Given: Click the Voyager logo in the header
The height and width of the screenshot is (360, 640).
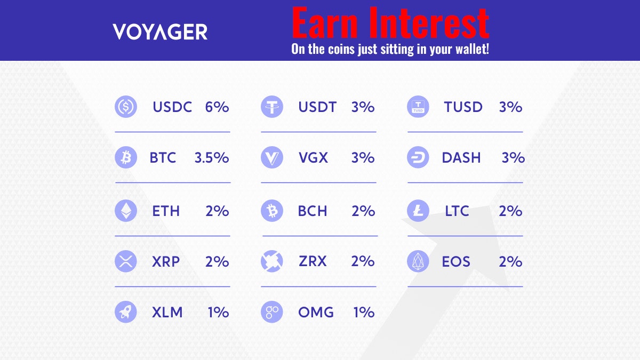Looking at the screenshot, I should [x=160, y=32].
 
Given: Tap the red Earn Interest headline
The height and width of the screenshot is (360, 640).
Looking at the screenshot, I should [x=390, y=23].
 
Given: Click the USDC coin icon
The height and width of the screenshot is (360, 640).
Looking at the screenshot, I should [x=126, y=107].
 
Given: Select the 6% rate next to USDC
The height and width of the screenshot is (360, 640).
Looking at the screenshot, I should [x=217, y=107].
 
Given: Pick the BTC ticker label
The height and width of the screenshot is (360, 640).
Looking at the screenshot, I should [x=163, y=158].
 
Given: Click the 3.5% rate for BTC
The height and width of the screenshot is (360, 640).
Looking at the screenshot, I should [x=212, y=158].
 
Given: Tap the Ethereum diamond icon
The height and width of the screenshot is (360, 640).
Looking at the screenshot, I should [x=126, y=211].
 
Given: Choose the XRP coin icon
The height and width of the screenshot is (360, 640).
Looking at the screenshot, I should [x=126, y=262].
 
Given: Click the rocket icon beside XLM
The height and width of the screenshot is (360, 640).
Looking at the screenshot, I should [x=126, y=312].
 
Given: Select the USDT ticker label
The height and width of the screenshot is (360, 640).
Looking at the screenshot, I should [x=317, y=107].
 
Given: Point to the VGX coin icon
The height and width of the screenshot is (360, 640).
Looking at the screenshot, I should [x=272, y=158].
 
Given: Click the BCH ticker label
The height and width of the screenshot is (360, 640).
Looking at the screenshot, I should [x=313, y=211].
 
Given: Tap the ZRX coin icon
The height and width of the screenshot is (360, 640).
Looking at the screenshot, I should [x=272, y=262].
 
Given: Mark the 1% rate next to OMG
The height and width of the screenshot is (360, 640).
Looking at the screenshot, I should [x=364, y=312].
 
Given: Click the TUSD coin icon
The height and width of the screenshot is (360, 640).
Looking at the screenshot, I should [x=418, y=107].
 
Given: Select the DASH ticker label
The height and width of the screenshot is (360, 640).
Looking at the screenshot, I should [x=461, y=158].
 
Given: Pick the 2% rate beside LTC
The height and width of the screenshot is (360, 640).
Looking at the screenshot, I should [x=510, y=211].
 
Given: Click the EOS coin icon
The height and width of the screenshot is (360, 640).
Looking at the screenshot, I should [x=418, y=262].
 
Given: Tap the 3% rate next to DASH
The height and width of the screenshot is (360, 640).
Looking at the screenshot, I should [x=513, y=158].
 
